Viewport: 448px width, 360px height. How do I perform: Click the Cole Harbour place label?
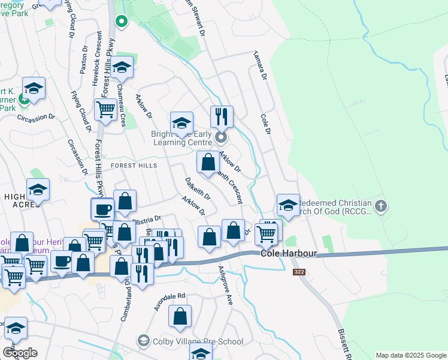pyautogui.click(x=287, y=254)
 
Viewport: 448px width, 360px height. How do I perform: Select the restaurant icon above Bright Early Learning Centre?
pyautogui.click(x=222, y=116)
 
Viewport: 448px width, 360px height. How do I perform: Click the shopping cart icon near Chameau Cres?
pyautogui.click(x=105, y=110)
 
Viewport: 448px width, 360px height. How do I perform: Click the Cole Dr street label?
pyautogui.click(x=267, y=124)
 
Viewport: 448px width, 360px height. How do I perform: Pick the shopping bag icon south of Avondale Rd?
pyautogui.click(x=180, y=316)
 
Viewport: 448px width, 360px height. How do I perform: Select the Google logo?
pyautogui.click(x=20, y=352)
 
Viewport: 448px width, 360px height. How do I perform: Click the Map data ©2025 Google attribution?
pyautogui.click(x=410, y=355)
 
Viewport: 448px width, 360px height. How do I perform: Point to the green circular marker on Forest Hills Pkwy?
pyautogui.click(x=122, y=22)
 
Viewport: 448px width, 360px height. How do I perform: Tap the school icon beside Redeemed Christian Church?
pyautogui.click(x=288, y=205)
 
